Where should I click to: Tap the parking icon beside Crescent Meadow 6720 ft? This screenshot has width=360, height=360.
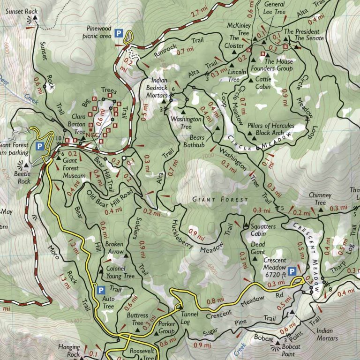click(x=292, y=271)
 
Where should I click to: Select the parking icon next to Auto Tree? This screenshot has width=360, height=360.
click(x=99, y=290)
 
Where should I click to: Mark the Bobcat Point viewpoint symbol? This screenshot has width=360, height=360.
click(x=275, y=346)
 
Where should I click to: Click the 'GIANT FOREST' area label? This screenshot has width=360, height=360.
click(x=221, y=200)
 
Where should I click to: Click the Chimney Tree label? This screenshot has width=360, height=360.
click(x=320, y=199)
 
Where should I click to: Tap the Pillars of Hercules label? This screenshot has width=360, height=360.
click(x=272, y=126)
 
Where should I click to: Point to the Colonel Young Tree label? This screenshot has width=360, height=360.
click(x=121, y=273)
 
